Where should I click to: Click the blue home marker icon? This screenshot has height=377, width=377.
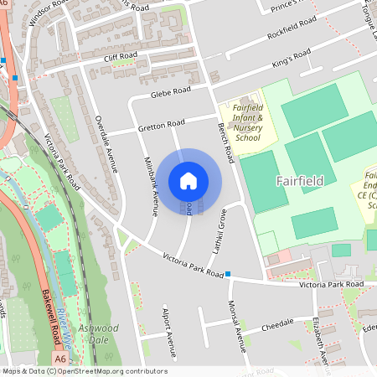(188, 181)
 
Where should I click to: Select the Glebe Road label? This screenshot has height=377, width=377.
(172, 93)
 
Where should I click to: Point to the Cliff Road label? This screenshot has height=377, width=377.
(120, 58)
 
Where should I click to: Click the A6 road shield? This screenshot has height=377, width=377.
(60, 359)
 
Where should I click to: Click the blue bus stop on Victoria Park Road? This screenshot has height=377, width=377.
(228, 274)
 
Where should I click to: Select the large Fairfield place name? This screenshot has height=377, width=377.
(299, 181)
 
